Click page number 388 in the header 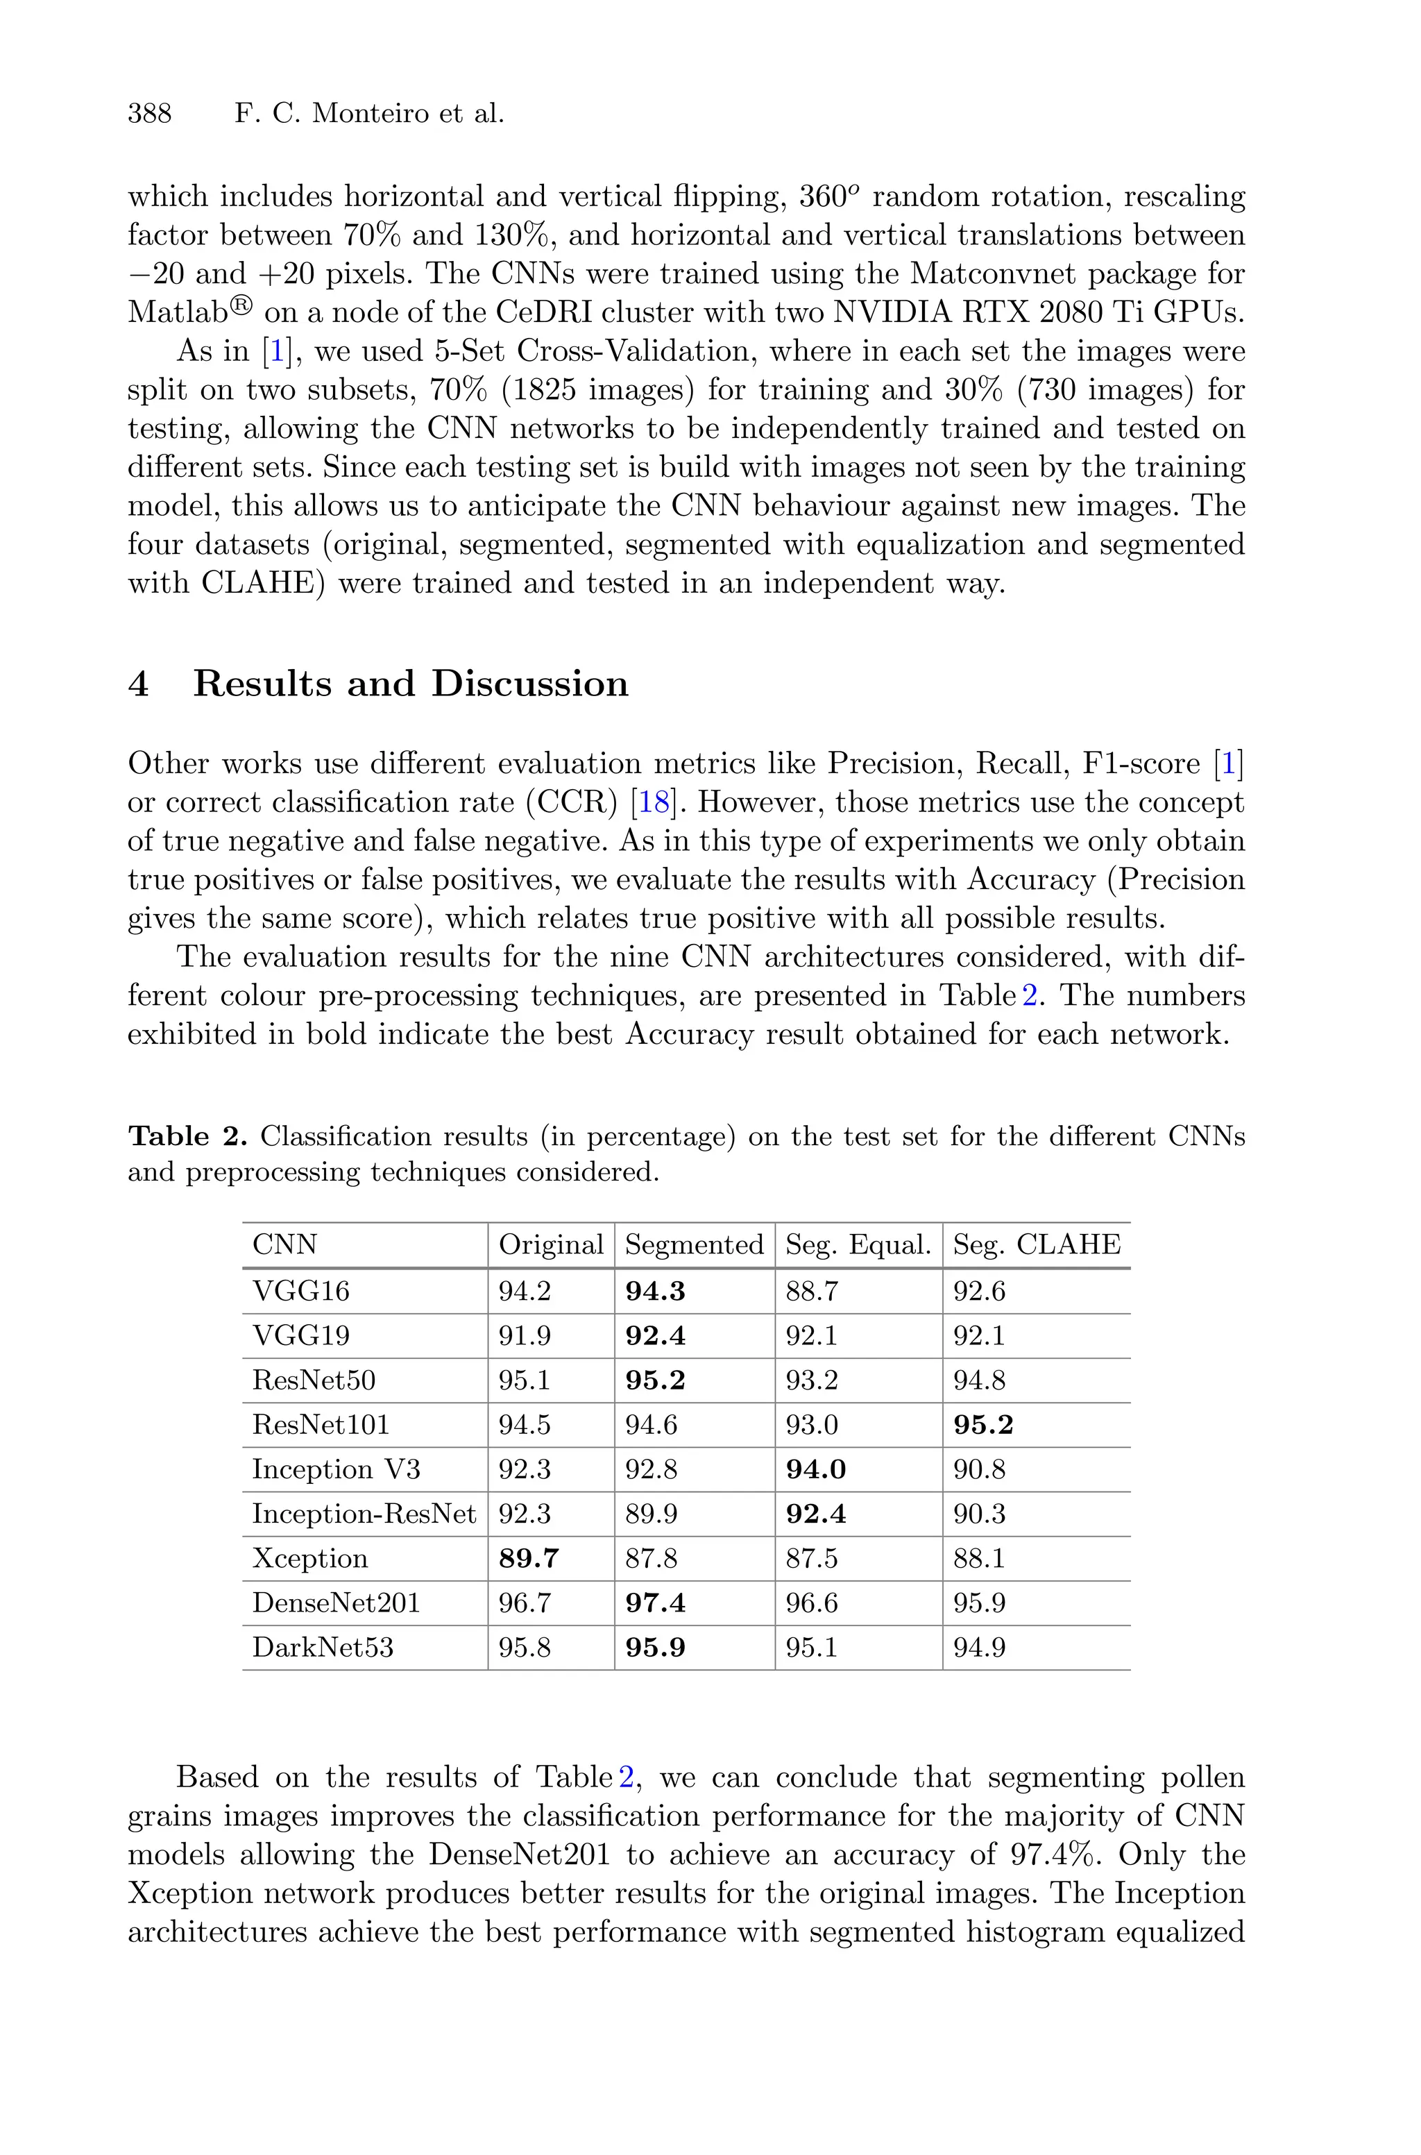pyautogui.click(x=150, y=115)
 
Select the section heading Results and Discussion pyautogui.click(x=409, y=684)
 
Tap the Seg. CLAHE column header pyautogui.click(x=1036, y=1244)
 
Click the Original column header pyautogui.click(x=550, y=1244)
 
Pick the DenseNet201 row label pyautogui.click(x=337, y=1603)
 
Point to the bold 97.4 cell pyautogui.click(x=654, y=1603)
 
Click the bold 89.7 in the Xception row pyautogui.click(x=528, y=1559)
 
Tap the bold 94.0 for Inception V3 pyautogui.click(x=816, y=1470)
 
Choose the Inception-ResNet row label pyautogui.click(x=364, y=1514)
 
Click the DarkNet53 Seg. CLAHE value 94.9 pyautogui.click(x=979, y=1648)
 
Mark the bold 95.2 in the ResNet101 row pyautogui.click(x=982, y=1426)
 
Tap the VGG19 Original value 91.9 pyautogui.click(x=525, y=1336)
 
